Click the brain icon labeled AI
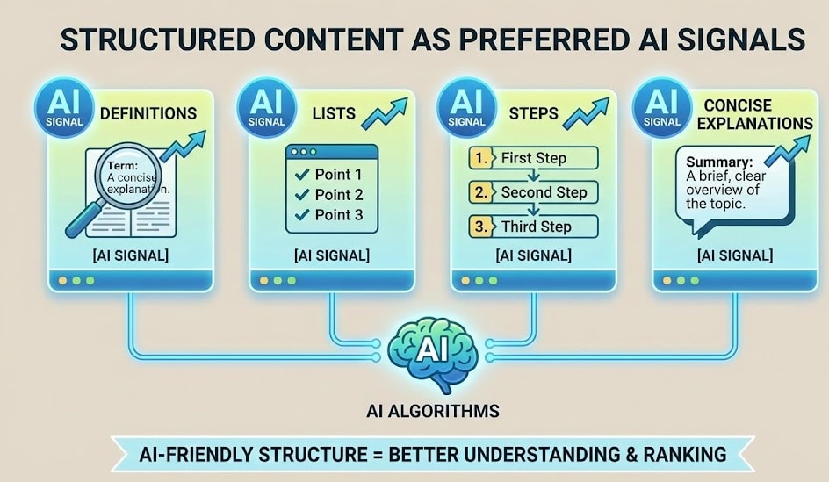[x=432, y=352]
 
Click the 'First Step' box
[x=532, y=158]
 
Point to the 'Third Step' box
[x=532, y=227]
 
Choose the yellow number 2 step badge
[x=479, y=192]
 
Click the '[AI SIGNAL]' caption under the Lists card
[x=332, y=255]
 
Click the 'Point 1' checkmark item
[x=328, y=174]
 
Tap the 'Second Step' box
[x=532, y=192]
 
